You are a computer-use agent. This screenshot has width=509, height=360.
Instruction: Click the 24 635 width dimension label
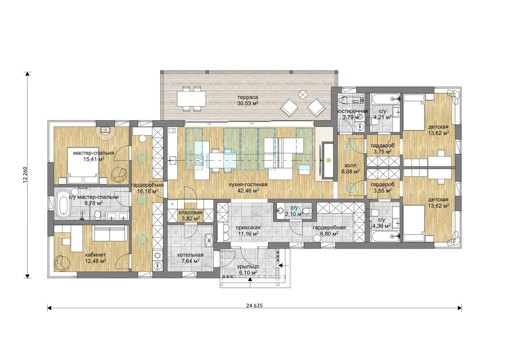tap(254, 306)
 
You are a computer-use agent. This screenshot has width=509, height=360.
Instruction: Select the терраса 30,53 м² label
tap(248, 101)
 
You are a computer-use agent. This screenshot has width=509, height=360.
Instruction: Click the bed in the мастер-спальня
tap(83, 165)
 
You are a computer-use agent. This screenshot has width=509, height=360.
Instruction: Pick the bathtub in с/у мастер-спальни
tap(63, 204)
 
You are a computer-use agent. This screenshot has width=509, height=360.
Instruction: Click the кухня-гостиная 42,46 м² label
tap(248, 187)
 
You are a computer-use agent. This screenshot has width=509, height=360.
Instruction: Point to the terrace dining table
tap(192, 99)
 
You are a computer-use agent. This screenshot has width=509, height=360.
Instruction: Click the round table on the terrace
tap(303, 94)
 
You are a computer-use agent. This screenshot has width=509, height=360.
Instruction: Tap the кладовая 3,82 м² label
tap(190, 216)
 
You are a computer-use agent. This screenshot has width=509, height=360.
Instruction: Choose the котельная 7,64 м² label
tap(190, 258)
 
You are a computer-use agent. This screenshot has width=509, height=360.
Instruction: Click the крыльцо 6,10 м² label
tap(248, 269)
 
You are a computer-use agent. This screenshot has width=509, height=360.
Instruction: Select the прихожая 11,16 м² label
tap(248, 230)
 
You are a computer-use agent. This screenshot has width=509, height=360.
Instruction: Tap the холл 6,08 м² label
tap(350, 168)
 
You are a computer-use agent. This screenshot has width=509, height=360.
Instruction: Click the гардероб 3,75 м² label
tap(383, 148)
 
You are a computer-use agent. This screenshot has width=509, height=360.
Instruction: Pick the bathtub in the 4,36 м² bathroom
tap(385, 237)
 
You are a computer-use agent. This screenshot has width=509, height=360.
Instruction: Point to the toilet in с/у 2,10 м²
tap(307, 211)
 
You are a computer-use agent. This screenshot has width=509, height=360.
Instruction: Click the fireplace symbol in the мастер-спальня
tap(105, 130)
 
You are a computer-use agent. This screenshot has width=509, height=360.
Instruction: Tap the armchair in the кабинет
tap(62, 263)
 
